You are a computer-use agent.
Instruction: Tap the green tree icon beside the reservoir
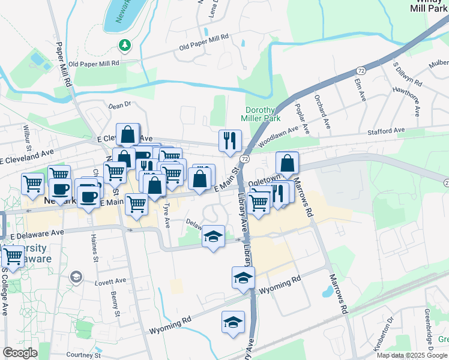point(124,45)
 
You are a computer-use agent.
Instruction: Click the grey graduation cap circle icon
point(76,277)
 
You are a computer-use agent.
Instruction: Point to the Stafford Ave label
point(387,130)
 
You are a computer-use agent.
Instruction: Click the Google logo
point(20,353)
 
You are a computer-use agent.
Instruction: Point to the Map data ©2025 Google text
point(412,355)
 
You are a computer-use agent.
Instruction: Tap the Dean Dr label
point(119,105)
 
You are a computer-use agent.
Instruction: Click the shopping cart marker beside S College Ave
point(13,256)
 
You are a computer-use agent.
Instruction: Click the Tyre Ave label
point(166,214)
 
